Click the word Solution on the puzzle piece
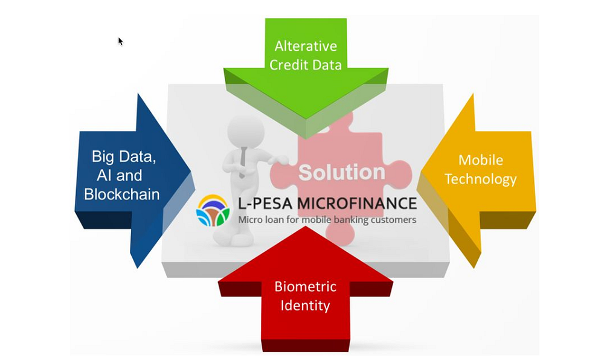coord(342,172)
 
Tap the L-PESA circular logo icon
coord(213,211)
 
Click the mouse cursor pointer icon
coord(121,41)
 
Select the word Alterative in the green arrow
coord(306,46)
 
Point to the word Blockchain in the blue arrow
coord(122,194)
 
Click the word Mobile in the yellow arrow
coord(481,160)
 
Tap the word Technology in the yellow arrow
coord(480,179)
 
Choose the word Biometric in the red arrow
coord(306,286)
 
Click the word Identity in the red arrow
coord(305,306)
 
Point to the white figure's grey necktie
coord(243,162)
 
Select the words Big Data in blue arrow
coord(124,156)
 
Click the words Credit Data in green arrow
coord(306,65)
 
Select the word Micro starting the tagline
coord(249,220)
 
